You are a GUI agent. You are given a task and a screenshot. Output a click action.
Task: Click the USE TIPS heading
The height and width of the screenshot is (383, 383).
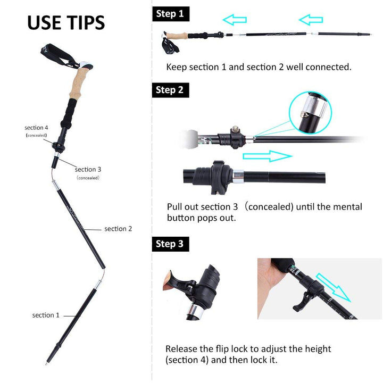coord(66,22)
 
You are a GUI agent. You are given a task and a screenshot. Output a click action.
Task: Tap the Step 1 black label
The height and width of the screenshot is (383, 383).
coord(171,14)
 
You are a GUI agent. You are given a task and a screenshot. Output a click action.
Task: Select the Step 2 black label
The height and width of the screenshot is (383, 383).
coord(171,90)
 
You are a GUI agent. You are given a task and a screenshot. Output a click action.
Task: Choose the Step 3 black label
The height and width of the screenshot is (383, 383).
coord(171,244)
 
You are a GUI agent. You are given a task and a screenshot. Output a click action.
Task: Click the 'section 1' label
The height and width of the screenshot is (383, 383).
coord(46,315)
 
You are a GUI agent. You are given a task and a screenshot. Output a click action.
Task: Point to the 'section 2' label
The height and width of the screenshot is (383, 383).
coord(118,229)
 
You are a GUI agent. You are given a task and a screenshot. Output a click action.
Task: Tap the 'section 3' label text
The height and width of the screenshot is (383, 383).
coord(88,169)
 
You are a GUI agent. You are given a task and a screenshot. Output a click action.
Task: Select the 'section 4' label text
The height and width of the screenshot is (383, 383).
coord(36,128)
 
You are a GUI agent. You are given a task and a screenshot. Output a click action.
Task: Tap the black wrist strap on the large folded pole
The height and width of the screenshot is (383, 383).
coord(59,55)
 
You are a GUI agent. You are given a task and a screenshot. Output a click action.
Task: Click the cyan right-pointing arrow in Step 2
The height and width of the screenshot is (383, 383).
coord(268,156)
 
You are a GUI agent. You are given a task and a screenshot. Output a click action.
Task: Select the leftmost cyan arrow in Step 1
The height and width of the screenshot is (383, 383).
coord(235,20)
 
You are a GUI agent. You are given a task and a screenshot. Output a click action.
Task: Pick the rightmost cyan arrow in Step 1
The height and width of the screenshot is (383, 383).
coord(311,20)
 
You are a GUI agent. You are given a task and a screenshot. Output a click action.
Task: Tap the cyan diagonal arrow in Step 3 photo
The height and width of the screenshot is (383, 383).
coord(334,288)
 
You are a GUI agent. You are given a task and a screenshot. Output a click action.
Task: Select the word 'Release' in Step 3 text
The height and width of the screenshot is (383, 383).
coord(181,348)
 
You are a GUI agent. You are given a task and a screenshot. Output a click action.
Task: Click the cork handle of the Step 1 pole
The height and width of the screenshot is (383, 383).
coord(177,36)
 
